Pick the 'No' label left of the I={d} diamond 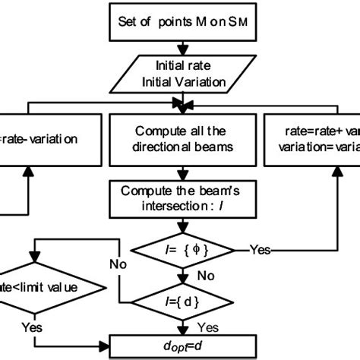[x=118, y=266]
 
